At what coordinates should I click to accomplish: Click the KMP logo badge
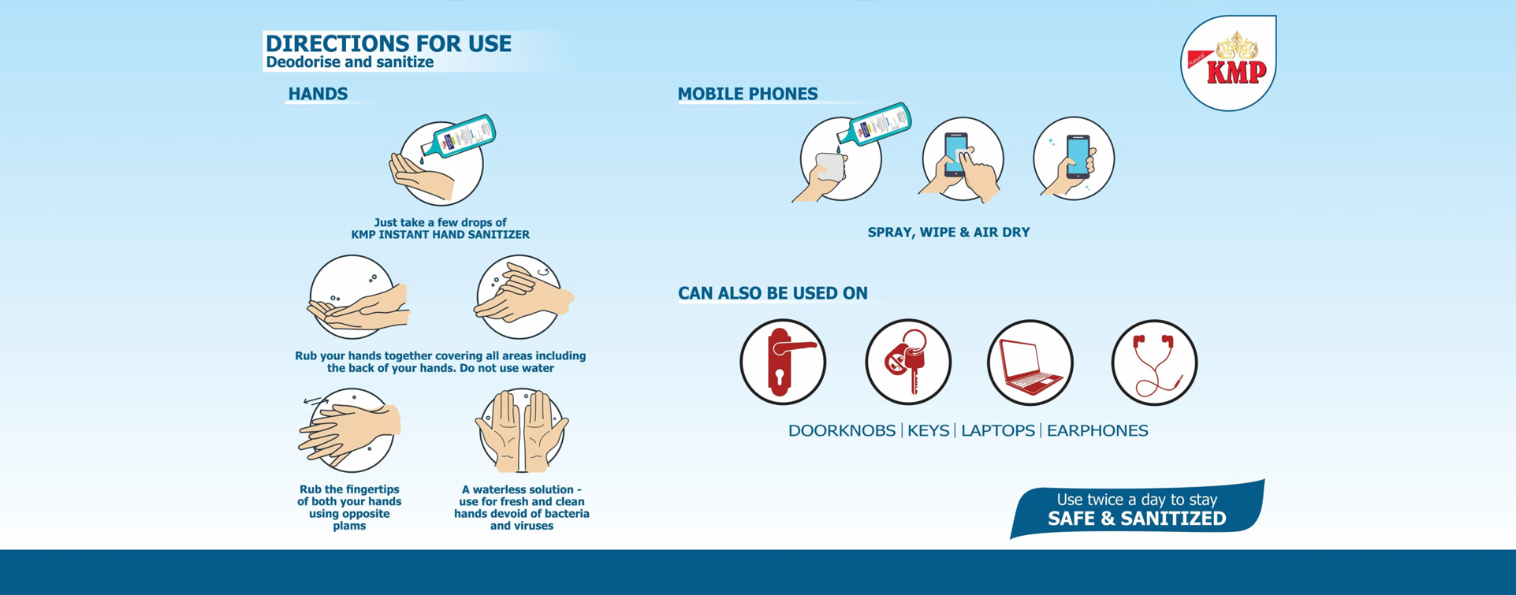point(1228,63)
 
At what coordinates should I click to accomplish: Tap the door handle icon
point(783,363)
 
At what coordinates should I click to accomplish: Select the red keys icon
point(908,363)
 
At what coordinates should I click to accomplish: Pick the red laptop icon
point(1030,363)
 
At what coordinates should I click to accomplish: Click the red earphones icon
point(1154,363)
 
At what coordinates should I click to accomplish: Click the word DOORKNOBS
point(842,431)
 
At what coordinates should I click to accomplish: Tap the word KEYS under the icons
point(928,431)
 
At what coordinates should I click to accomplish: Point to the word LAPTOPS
point(998,431)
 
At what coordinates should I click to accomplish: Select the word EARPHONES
point(1097,431)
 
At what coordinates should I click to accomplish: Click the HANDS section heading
point(318,94)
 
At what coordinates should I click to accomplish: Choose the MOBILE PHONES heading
point(747,94)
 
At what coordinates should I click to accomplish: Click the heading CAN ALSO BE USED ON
point(773,293)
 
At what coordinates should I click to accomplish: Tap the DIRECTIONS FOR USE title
point(389,43)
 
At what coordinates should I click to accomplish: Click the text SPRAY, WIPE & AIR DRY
point(948,232)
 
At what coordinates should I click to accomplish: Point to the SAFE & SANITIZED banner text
point(1137,519)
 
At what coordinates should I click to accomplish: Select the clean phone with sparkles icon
point(1074,158)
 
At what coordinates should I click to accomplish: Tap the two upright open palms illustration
point(521,430)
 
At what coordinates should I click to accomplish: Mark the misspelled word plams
point(349,526)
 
